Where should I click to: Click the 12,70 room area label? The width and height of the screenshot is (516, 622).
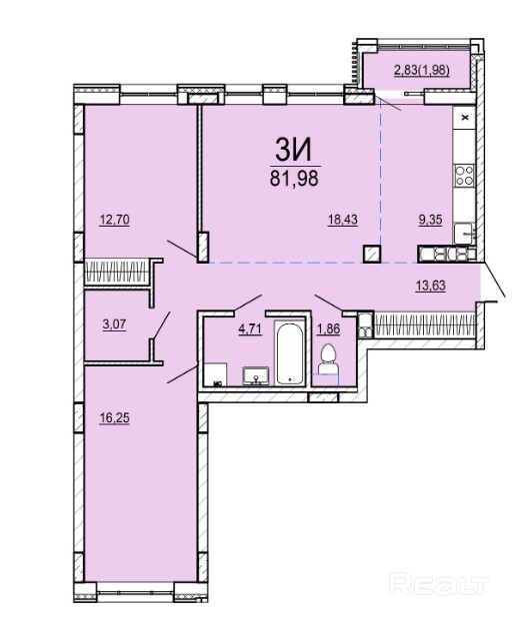(x=114, y=220)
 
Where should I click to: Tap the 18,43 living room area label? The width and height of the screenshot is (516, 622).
(x=342, y=220)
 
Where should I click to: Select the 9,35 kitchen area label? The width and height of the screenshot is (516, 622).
(x=431, y=220)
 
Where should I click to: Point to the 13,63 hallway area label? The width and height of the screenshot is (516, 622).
(x=431, y=286)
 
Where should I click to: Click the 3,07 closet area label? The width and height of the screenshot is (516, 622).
(x=114, y=324)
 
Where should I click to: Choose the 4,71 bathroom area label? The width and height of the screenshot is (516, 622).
(x=250, y=329)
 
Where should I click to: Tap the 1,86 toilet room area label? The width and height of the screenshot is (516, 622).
(x=328, y=329)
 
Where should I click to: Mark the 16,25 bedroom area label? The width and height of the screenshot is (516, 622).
(x=114, y=417)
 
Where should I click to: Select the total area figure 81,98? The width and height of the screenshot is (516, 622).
(x=294, y=179)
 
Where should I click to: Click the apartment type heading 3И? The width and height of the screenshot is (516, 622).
(x=294, y=151)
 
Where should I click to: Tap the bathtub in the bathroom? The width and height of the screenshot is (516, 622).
(x=290, y=353)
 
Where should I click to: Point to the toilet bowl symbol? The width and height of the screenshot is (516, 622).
(x=328, y=359)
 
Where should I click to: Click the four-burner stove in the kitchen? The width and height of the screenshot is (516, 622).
(x=464, y=176)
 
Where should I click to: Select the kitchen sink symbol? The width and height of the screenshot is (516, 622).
(x=465, y=234)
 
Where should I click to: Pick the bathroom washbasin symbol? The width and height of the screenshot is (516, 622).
(x=256, y=376)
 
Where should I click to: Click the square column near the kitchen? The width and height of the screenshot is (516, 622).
(x=372, y=254)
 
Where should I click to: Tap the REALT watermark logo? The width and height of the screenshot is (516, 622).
(x=439, y=584)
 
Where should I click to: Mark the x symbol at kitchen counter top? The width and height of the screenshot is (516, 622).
(x=466, y=118)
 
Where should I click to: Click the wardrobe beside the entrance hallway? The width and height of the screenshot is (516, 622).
(x=424, y=324)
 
